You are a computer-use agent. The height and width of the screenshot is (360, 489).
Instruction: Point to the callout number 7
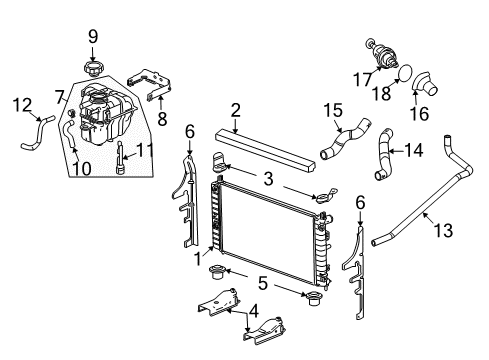click(x=60, y=97)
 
